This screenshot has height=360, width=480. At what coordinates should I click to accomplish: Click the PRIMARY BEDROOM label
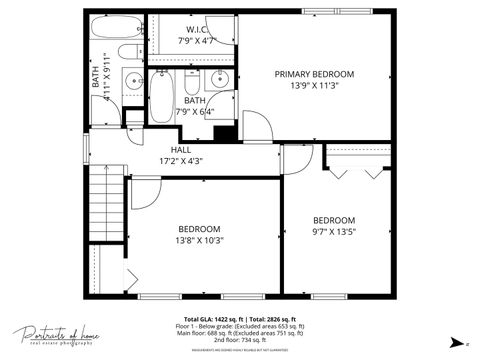(x=315, y=74)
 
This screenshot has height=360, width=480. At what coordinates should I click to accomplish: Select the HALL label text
(x=180, y=150)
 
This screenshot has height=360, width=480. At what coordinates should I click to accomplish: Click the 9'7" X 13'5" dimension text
(x=333, y=232)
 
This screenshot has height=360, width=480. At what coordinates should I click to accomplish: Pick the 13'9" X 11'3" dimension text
(x=315, y=86)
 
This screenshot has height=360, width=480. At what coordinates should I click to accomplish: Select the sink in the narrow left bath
(x=132, y=81)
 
